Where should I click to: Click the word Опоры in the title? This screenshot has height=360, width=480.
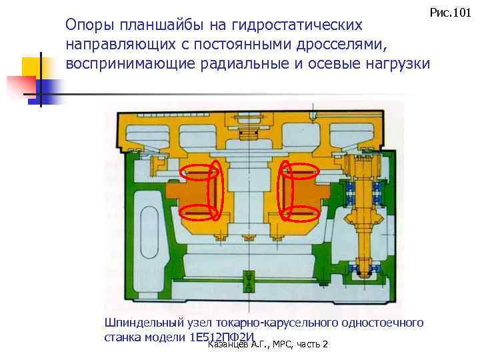pos(88,26)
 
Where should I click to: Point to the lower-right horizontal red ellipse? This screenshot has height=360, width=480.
pos(300,213)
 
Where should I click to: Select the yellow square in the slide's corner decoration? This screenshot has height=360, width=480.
pos(31,67)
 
